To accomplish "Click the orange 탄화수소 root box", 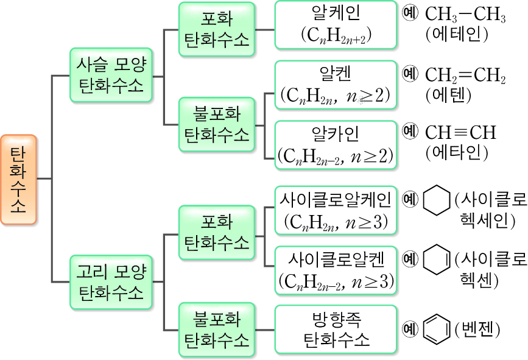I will tap(18, 178).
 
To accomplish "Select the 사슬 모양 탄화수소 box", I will tap(111, 76).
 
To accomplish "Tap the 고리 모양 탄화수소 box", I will tap(111, 281).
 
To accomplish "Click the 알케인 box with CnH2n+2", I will tap(335, 24).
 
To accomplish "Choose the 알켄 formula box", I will tap(335, 85).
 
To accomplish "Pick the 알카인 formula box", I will tap(335, 144).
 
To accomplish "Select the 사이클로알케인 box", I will tap(335, 210).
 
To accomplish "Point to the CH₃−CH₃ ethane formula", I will tap(465, 15).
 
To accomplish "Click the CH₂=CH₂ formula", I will tap(465, 75).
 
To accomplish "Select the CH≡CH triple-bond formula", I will tap(460, 132).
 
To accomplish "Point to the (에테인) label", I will tap(457, 34).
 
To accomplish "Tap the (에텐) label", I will tap(449, 94).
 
